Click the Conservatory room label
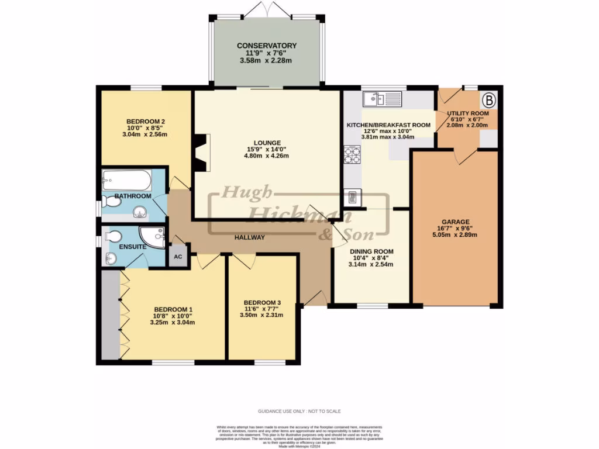pyautogui.click(x=267, y=46)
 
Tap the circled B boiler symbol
pyautogui.click(x=488, y=98)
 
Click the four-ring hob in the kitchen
pyautogui.click(x=353, y=154)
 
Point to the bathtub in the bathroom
pyautogui.click(x=126, y=179)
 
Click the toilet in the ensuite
pyautogui.click(x=113, y=236)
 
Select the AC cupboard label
pyautogui.click(x=178, y=257)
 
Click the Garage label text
pyautogui.click(x=456, y=222)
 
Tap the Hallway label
pyautogui.click(x=250, y=237)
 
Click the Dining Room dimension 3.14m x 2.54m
pyautogui.click(x=371, y=264)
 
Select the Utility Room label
pyautogui.click(x=467, y=113)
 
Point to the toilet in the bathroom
pyautogui.click(x=111, y=202)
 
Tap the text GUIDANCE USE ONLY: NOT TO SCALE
pyautogui.click(x=299, y=412)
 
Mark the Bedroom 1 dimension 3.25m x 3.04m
pyautogui.click(x=173, y=322)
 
